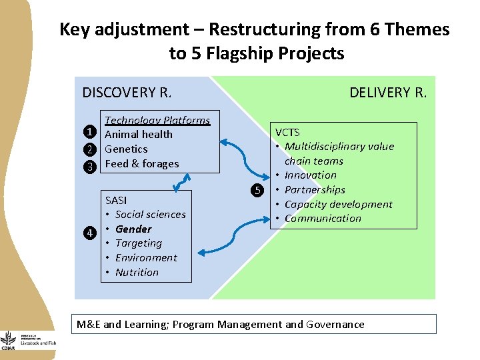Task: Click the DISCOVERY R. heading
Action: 127,92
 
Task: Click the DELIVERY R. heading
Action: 388,92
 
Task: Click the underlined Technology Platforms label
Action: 157,120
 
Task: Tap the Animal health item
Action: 139,134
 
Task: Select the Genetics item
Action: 126,149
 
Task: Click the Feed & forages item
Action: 142,163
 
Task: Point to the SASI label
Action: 116,200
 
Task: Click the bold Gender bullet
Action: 133,229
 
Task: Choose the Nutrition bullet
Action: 137,272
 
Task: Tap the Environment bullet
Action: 146,257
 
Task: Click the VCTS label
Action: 287,132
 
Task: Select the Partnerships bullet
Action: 315,189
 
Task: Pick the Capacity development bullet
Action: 338,204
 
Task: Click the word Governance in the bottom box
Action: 335,325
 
